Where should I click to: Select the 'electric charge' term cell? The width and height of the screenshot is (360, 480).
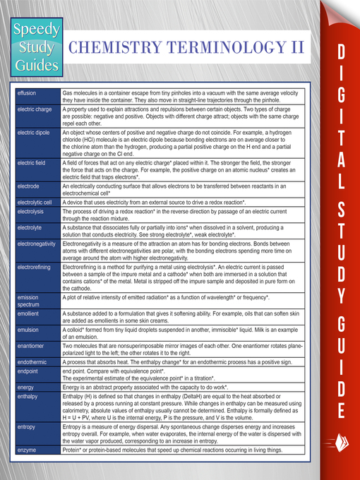click(x=34, y=109)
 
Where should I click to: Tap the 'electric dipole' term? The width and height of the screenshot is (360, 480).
click(x=33, y=132)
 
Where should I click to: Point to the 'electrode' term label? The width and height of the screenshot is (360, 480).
click(x=29, y=186)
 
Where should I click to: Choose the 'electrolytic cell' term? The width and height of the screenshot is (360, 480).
click(x=35, y=203)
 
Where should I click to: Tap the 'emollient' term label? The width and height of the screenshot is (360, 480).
click(x=29, y=313)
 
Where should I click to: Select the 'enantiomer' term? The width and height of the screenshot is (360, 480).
click(x=31, y=346)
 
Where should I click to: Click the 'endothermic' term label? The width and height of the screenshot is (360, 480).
click(x=32, y=362)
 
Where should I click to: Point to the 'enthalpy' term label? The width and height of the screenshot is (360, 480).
click(x=28, y=397)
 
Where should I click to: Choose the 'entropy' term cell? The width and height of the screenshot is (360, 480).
click(x=26, y=428)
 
